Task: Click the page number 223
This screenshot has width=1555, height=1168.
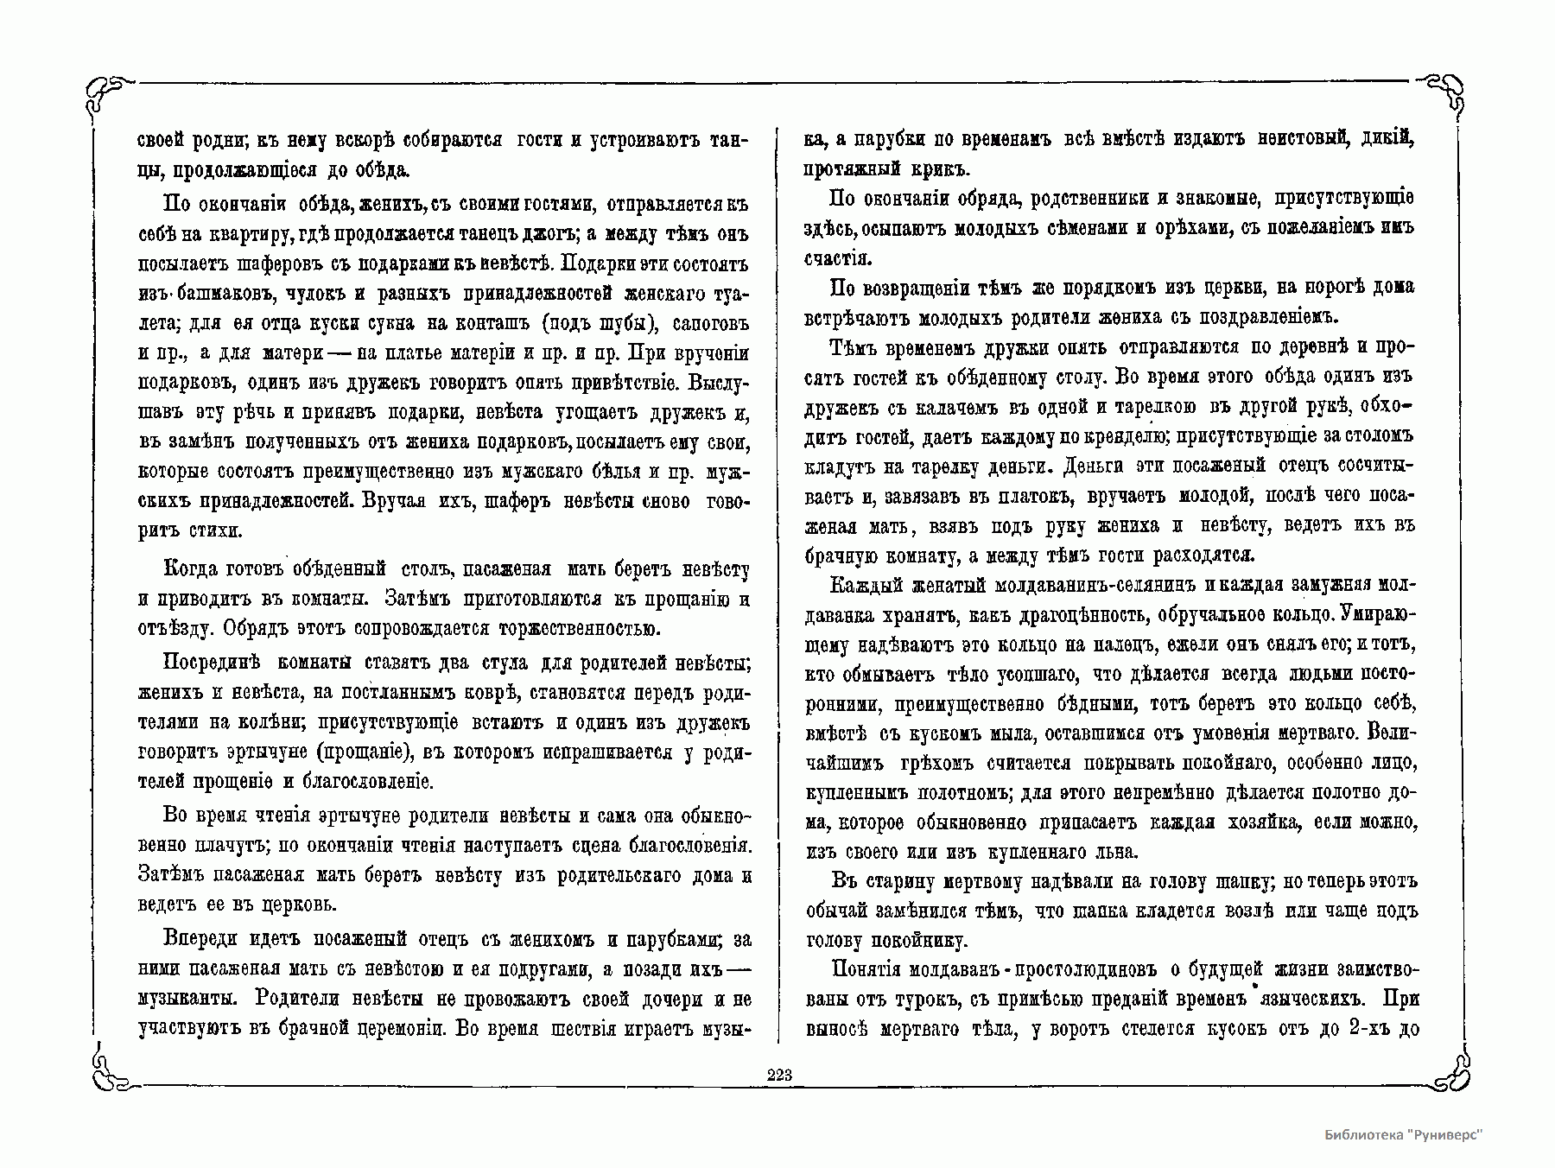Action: point(778,1074)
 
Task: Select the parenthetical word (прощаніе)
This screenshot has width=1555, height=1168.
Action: point(364,752)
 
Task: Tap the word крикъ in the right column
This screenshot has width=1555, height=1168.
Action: point(902,168)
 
